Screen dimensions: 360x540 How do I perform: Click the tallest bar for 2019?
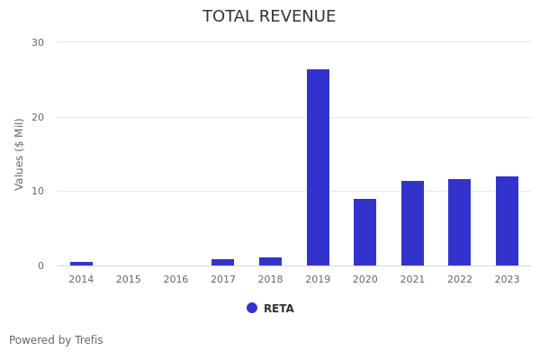coord(318,167)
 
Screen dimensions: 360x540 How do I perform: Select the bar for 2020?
coord(364,232)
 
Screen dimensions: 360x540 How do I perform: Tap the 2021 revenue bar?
coord(412,223)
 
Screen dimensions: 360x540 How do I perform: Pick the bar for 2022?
coord(459,222)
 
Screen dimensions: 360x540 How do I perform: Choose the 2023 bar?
coord(507,220)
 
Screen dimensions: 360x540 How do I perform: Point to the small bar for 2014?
coord(81,264)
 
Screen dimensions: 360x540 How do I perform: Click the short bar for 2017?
coord(222,262)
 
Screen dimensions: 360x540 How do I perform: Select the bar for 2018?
coord(270,261)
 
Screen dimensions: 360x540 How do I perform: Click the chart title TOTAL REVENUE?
coord(269,17)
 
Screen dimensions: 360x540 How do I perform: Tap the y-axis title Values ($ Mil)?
coord(20,153)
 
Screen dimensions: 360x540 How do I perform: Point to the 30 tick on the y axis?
coord(38,42)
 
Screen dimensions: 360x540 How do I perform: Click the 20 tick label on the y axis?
coord(38,117)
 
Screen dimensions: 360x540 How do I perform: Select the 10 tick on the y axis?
coord(38,191)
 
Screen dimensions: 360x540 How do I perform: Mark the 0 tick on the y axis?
coord(40,265)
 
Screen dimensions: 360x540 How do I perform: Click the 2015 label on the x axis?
coord(128,280)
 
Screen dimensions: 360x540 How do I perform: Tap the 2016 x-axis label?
coord(175,280)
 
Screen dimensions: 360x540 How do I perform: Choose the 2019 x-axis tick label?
coord(318,280)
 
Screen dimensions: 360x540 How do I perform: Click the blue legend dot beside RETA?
coord(252,308)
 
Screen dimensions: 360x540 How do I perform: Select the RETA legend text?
coord(279,309)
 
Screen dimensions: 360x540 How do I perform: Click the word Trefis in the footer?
coord(88,340)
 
